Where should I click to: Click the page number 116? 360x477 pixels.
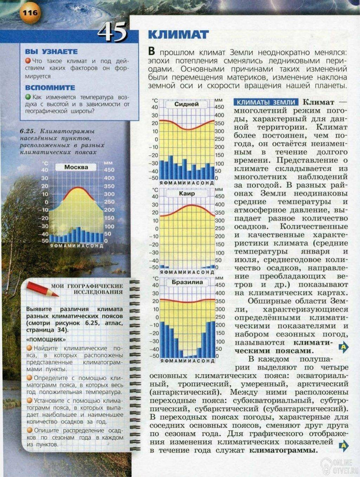click(x=30, y=13)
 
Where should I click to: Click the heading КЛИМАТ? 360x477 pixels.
click(x=178, y=34)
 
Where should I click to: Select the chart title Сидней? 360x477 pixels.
click(x=186, y=104)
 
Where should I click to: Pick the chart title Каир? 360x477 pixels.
click(x=187, y=194)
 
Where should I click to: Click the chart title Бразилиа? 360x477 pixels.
click(x=187, y=282)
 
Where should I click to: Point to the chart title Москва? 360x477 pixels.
click(x=76, y=167)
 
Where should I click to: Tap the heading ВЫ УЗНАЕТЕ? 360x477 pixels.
click(x=51, y=52)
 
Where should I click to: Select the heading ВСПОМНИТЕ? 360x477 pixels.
click(x=50, y=88)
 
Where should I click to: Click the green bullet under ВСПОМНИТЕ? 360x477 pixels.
click(x=28, y=96)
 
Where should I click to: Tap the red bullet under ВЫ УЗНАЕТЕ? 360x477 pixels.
click(x=28, y=60)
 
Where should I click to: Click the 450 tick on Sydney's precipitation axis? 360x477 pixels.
click(x=219, y=107)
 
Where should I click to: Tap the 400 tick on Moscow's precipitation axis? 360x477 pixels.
click(x=109, y=178)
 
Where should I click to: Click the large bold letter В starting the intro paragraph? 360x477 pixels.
click(x=152, y=51)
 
